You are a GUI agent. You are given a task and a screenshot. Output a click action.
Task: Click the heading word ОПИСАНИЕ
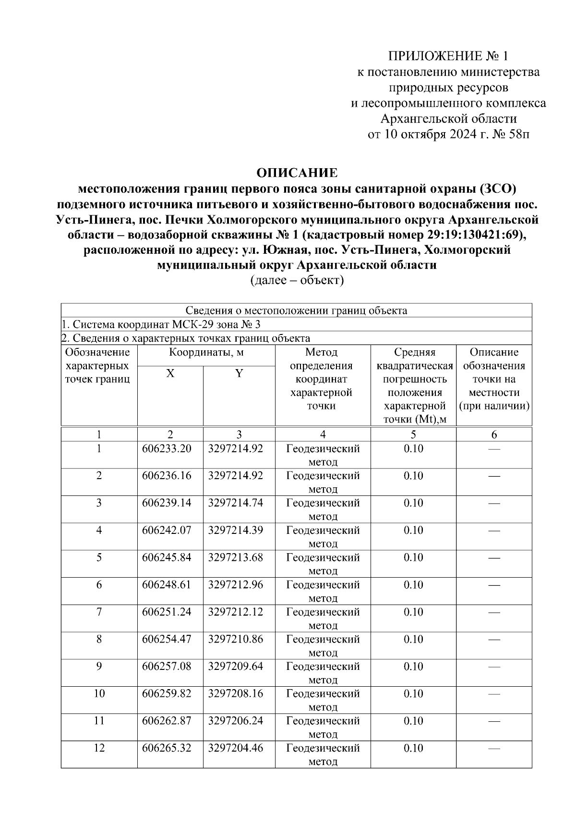coord(297,173)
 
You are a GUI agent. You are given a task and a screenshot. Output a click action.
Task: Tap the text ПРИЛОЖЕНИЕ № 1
coord(447,56)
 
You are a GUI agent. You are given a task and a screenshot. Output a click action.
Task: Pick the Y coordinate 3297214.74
coord(235,503)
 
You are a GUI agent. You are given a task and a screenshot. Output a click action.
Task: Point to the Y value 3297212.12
coord(235,612)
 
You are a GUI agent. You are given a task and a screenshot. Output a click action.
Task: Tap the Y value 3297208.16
coord(235,693)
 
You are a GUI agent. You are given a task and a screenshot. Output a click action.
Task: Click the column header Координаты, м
coord(206,352)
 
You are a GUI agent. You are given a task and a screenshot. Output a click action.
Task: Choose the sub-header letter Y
coord(239,374)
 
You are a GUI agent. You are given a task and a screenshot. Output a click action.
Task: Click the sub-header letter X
coord(170,374)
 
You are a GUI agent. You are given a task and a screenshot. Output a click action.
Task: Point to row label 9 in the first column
coord(99,667)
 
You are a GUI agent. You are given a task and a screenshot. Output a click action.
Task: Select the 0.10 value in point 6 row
coord(413,585)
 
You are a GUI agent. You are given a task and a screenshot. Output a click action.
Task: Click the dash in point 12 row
coord(493,749)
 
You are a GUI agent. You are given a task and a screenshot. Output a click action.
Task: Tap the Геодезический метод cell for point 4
coord(323,537)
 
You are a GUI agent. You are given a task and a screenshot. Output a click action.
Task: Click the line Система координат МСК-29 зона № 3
coord(162,324)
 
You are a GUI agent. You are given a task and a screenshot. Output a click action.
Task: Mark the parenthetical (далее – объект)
coord(297,280)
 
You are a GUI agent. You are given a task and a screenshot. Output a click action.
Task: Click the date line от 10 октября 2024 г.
coord(448,134)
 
